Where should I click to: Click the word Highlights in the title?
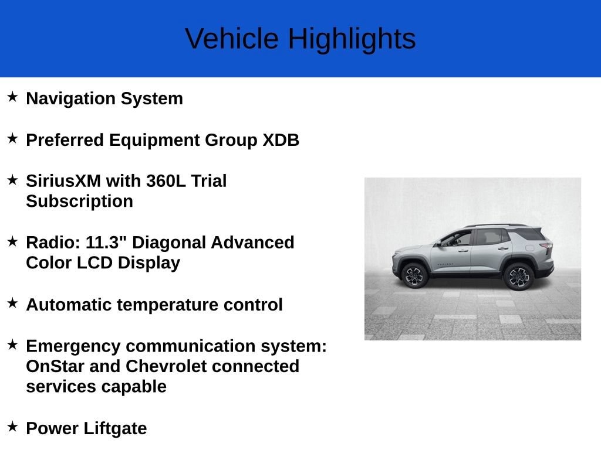pos(352,39)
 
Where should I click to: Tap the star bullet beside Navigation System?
pos(13,97)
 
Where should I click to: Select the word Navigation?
pos(70,99)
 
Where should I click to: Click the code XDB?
pos(281,140)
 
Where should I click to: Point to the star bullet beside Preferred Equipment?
pos(13,138)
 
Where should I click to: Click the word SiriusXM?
pos(63,181)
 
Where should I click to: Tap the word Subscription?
pos(80,202)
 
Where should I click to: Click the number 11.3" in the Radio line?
pos(106,243)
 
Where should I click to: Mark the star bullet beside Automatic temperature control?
pos(13,303)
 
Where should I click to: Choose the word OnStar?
pos(55,367)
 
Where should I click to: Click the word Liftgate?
pos(116,429)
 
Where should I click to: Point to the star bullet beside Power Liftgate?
pos(13,427)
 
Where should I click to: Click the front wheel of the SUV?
pos(414,275)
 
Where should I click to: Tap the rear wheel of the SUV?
pos(519,277)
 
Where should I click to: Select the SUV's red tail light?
pos(547,246)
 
